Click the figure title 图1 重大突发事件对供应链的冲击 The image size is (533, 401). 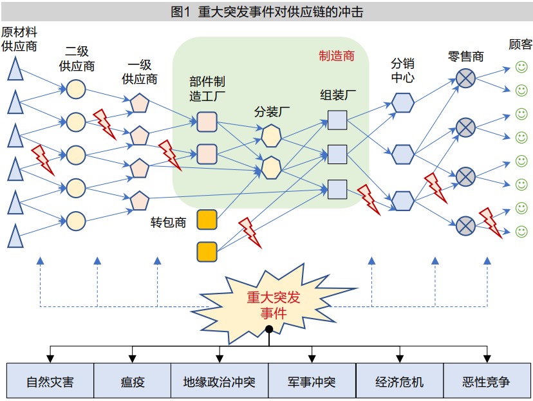pos(266,12)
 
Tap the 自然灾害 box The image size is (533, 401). pos(50,382)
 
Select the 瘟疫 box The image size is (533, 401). pos(133,382)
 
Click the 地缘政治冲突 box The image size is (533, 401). pos(220,382)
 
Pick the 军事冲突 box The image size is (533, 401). pos(312,382)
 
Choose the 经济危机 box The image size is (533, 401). pos(400,382)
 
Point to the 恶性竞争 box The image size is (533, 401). pos(486,382)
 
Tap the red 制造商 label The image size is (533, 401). pos(337,56)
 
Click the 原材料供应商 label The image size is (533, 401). pos(19,39)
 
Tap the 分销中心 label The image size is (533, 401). pos(402,70)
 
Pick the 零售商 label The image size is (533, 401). pos(465,57)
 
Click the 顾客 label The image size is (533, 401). pos(521,44)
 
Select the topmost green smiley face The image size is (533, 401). pos(521,66)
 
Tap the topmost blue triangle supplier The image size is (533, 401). pos(15,68)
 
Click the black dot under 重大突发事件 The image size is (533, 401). pos(269,330)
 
